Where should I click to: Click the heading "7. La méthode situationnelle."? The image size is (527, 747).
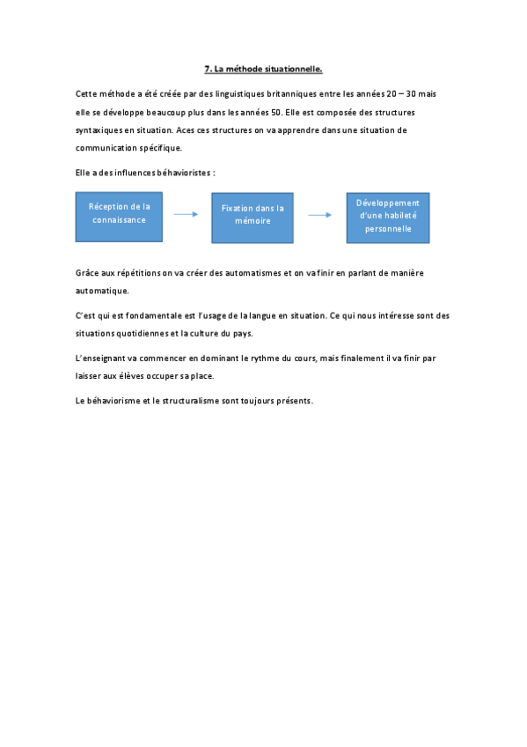tap(263, 68)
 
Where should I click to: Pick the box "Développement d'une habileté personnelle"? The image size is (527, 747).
tap(387, 217)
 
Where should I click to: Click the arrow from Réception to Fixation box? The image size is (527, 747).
tap(187, 214)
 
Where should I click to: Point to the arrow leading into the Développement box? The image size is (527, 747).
tap(319, 214)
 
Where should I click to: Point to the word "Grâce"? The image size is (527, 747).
tap(88, 273)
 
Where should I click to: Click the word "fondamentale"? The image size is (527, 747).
tap(154, 315)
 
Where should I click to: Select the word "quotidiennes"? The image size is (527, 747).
tap(143, 333)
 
